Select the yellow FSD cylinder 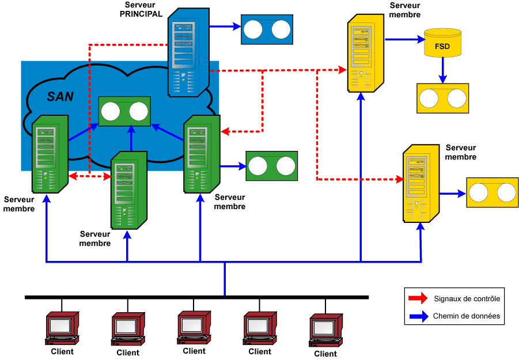(442, 43)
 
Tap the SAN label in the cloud (60, 96)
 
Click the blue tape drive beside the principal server (266, 29)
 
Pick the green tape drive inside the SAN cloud (124, 111)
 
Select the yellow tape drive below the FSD (442, 98)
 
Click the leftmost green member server (50, 154)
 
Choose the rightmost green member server (201, 154)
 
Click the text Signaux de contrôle (467, 298)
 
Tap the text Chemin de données (466, 316)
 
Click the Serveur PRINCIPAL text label (141, 10)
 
